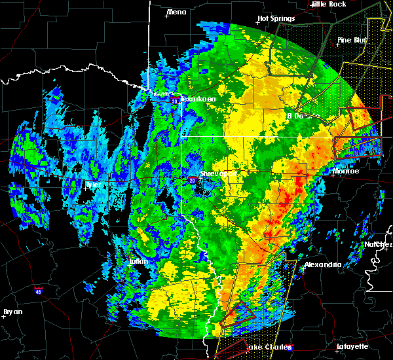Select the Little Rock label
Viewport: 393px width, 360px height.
(x=328, y=4)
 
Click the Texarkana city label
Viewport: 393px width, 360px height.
(x=198, y=99)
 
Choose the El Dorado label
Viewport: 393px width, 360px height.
(x=297, y=115)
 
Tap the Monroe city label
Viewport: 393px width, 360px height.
(x=346, y=171)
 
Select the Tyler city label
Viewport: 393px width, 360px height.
(x=93, y=185)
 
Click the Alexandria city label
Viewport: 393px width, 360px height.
(x=323, y=264)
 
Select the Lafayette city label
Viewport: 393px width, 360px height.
(x=352, y=346)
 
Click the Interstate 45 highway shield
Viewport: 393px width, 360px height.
(x=39, y=290)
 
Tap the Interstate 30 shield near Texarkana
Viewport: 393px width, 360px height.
(x=175, y=101)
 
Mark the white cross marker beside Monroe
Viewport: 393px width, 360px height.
(x=331, y=172)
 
